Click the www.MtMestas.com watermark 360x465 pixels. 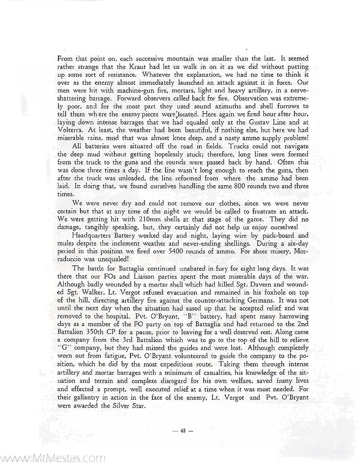[53, 458]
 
